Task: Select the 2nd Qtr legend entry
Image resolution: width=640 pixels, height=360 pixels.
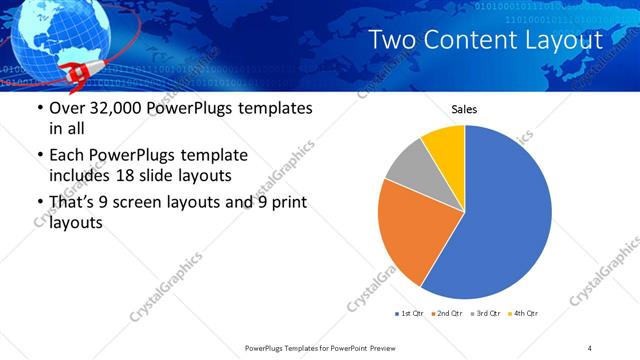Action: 446,313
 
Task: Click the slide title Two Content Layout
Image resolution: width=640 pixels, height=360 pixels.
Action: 485,40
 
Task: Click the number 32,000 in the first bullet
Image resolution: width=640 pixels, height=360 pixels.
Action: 113,108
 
